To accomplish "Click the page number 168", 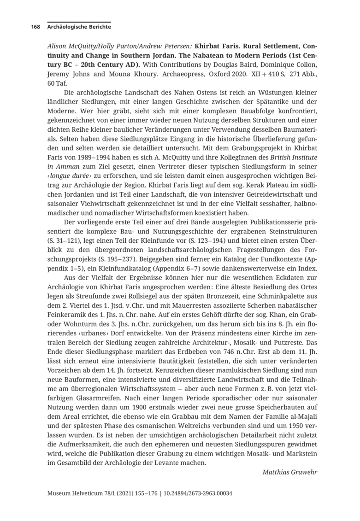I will (x=35, y=27).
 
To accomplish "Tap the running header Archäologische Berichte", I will (x=79, y=27).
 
